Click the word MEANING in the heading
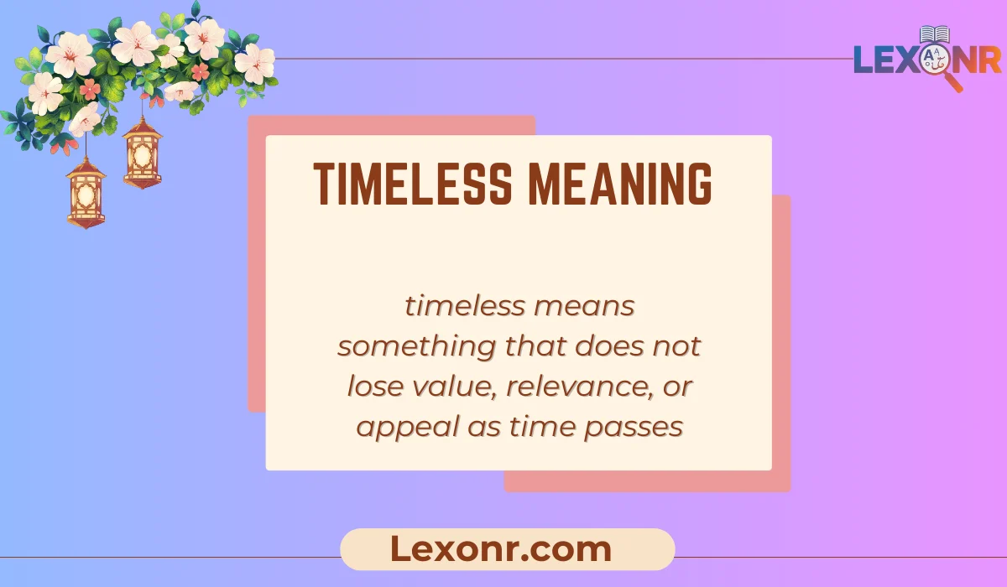[x=619, y=184]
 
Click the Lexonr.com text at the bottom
[x=501, y=549]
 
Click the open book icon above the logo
[x=934, y=34]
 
